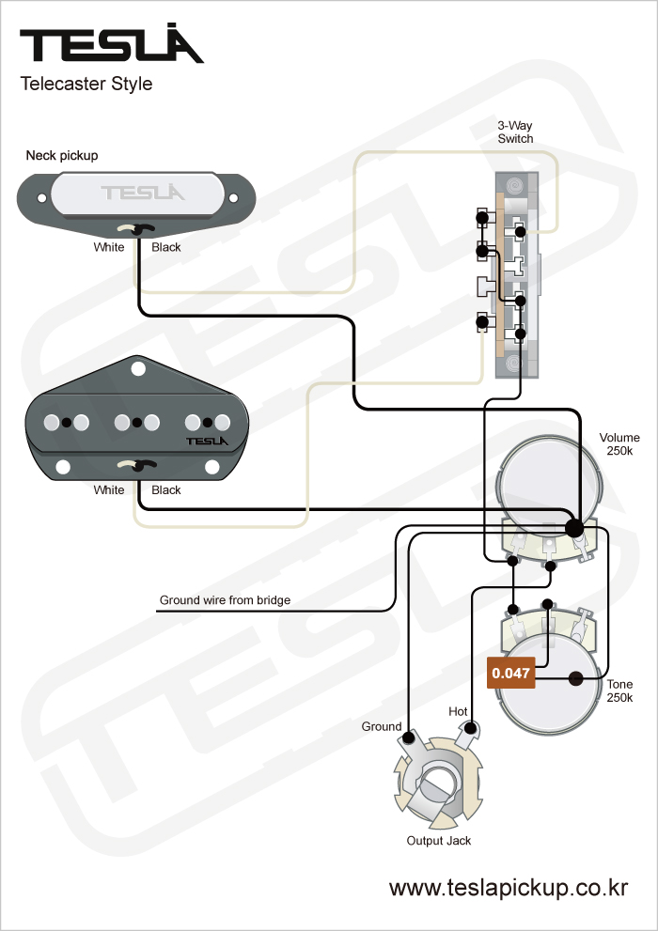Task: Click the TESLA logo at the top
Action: [112, 45]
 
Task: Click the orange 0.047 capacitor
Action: [510, 673]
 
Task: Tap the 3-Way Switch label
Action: [515, 132]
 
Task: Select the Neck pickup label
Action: [62, 155]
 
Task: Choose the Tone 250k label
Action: [619, 690]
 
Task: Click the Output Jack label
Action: [439, 840]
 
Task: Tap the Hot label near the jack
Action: [458, 711]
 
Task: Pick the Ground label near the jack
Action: [382, 726]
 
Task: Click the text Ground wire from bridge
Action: [225, 599]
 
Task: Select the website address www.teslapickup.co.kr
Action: [509, 888]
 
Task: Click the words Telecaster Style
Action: [86, 84]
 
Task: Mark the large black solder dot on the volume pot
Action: [574, 528]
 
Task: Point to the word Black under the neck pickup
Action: [166, 247]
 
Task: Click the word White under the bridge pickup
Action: [109, 489]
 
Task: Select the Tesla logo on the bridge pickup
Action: [206, 440]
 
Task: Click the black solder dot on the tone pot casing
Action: [576, 677]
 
